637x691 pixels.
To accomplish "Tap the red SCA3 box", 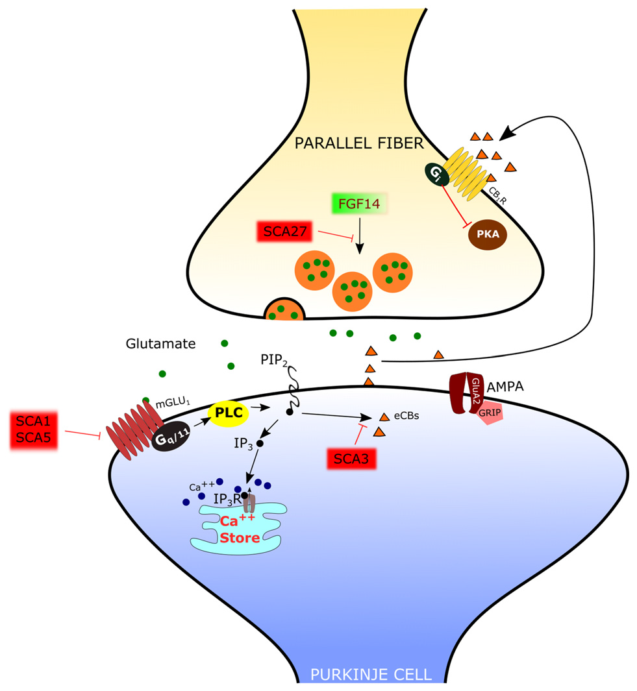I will click(351, 459).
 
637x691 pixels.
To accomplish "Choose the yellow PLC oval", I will click(229, 411).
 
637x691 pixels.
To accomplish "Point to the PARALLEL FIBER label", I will click(359, 143).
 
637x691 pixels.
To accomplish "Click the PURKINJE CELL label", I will click(371, 674).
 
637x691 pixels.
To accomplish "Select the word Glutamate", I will click(160, 343).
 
